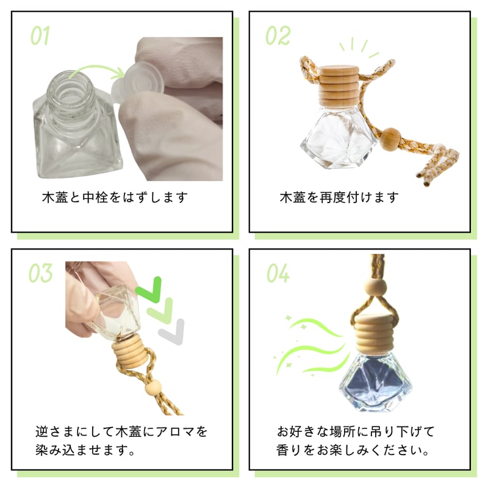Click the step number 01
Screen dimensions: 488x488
pyautogui.click(x=40, y=35)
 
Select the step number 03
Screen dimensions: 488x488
pyautogui.click(x=40, y=273)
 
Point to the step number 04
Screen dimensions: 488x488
pyautogui.click(x=278, y=273)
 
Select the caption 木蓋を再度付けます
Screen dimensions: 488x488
pyautogui.click(x=339, y=198)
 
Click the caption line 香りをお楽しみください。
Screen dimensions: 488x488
pyautogui.click(x=350, y=452)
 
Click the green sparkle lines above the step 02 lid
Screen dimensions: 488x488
pyautogui.click(x=358, y=48)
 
